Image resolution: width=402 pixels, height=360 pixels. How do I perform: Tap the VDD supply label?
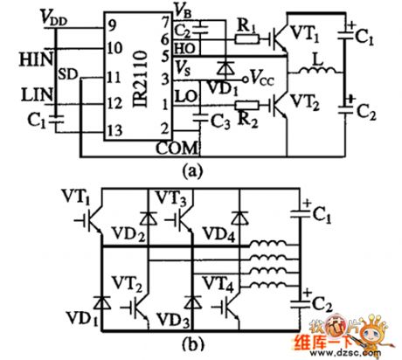point(32,17)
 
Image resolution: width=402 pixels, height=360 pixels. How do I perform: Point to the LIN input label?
point(32,90)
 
